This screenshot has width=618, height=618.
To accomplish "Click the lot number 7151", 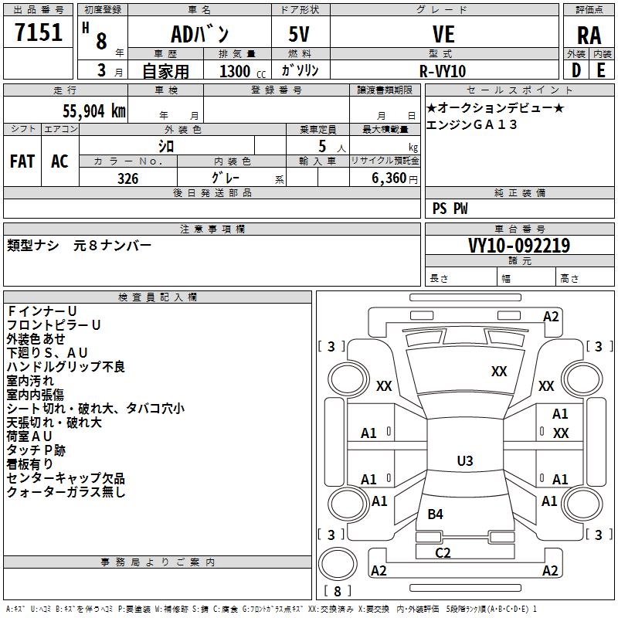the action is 39,32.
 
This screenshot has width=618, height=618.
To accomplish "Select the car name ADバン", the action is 199,33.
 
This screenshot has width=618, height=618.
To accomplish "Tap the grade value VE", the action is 443,34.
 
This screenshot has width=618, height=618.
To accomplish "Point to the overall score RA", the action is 589,36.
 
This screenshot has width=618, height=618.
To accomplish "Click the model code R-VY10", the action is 443,71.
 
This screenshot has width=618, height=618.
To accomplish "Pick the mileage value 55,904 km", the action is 94,110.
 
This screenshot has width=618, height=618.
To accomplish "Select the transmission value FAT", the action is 22,161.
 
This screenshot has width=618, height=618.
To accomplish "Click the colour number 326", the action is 127,178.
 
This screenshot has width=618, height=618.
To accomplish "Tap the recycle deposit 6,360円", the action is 395,178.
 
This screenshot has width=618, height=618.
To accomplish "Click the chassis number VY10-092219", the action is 519,245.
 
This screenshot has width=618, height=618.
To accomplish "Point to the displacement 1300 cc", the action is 243,71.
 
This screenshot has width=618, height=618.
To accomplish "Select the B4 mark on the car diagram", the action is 435,514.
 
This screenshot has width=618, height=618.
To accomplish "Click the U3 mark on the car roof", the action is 465,460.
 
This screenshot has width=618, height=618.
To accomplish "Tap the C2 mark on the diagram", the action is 443,552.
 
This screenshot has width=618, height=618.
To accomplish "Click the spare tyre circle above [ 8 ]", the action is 338,563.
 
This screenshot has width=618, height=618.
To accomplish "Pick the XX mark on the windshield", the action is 499,371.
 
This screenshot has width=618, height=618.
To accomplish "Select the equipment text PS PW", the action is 450,208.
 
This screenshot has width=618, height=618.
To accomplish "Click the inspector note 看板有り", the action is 29,464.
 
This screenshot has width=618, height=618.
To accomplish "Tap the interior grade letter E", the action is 601,70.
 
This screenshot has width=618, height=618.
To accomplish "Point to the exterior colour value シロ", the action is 166,146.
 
